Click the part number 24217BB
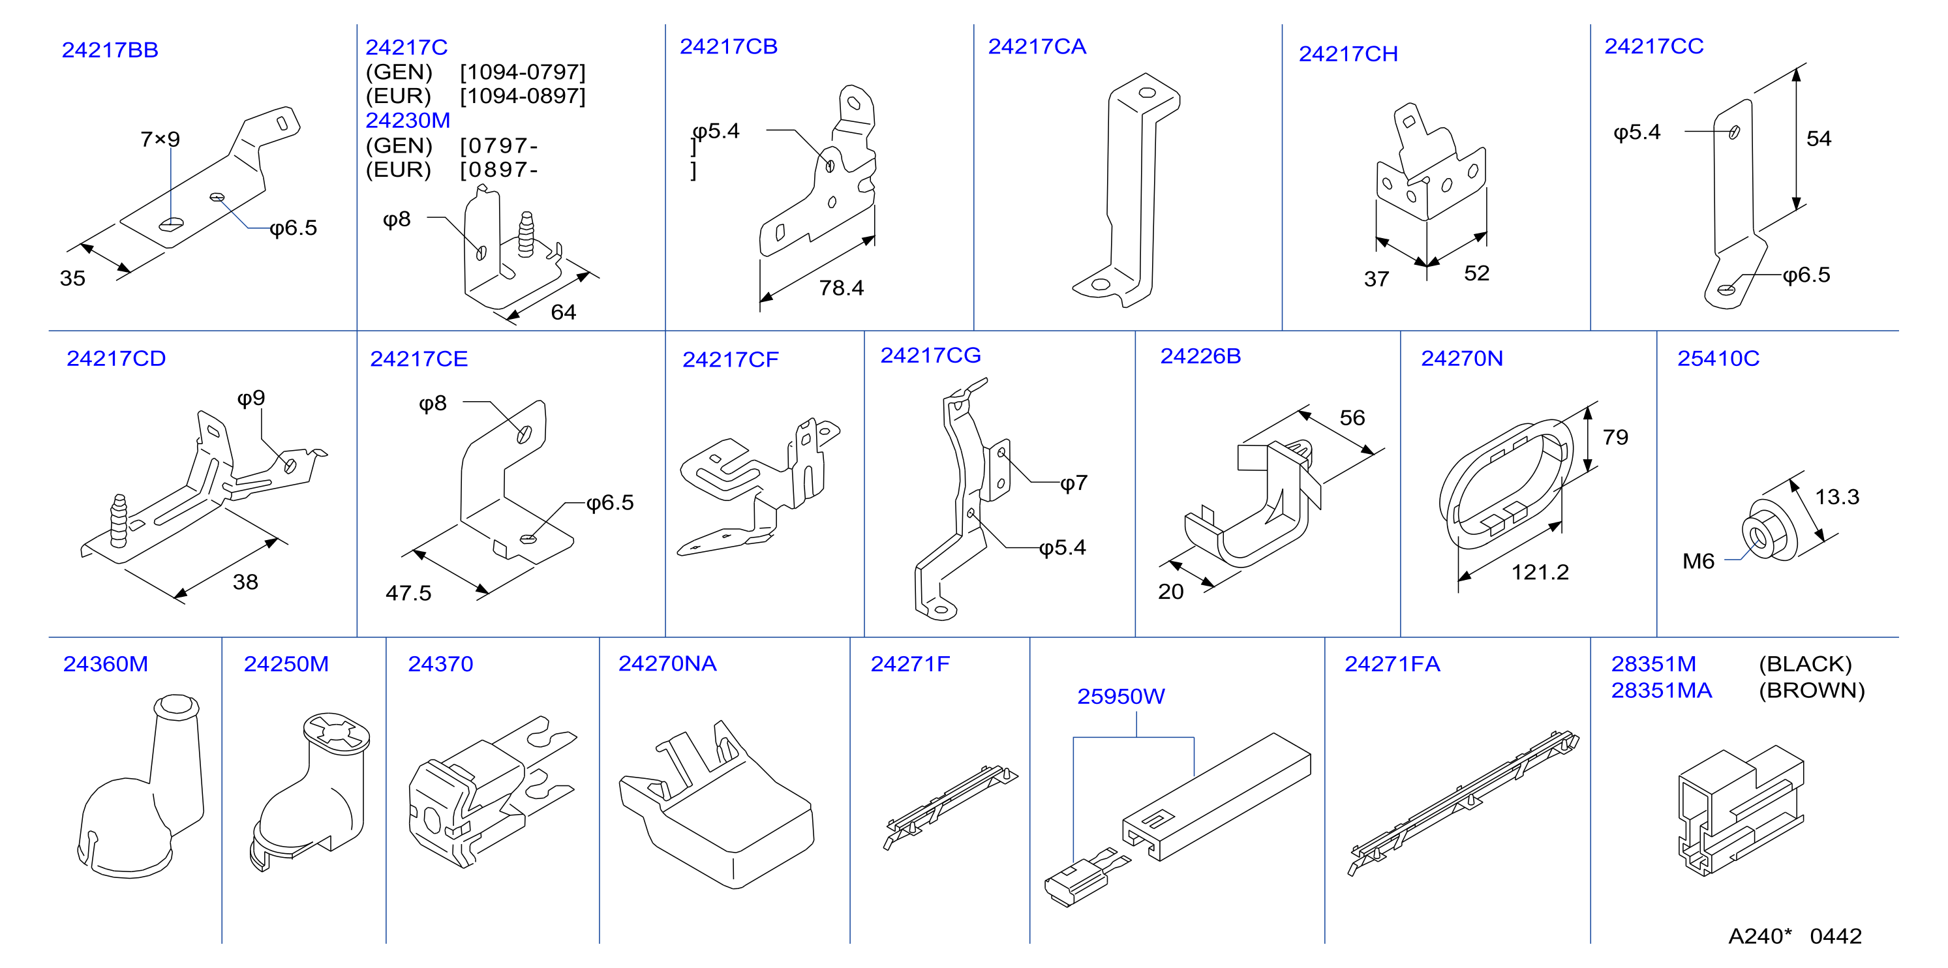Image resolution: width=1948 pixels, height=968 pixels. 110,50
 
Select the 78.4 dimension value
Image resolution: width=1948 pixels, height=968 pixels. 841,288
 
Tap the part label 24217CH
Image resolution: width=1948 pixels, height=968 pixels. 1348,53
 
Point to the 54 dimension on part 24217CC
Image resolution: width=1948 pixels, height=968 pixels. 1819,138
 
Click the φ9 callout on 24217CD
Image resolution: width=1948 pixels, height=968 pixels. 251,399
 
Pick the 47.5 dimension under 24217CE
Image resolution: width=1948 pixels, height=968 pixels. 408,593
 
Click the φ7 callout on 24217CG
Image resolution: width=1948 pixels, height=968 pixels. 1074,483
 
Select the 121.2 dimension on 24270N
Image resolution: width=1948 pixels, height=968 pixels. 1540,573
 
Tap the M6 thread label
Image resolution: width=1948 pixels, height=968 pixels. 1697,561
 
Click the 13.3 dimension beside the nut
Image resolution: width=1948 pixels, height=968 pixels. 1837,497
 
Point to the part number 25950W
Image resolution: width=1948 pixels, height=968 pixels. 1121,697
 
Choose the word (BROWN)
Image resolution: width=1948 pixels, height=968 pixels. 1812,691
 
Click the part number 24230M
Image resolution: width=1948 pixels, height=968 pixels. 408,120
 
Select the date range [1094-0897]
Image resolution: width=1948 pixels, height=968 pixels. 523,96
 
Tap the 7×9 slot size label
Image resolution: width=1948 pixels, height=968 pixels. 160,139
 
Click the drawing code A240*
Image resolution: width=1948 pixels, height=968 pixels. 1759,936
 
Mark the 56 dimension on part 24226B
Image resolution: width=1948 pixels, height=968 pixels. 1352,417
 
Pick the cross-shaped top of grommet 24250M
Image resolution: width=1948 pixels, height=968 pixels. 337,731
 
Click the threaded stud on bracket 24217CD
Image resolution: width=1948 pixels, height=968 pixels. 119,521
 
